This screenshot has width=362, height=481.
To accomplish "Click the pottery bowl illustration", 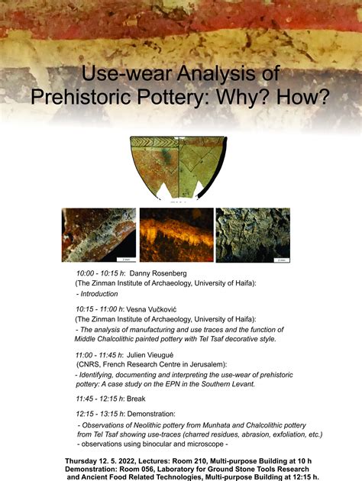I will [x=180, y=166].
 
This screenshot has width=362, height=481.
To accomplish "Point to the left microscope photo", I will [x=99, y=234].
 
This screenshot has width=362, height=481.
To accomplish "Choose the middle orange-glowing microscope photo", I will [x=176, y=234].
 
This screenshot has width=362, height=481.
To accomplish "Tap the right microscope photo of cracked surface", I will [x=252, y=234].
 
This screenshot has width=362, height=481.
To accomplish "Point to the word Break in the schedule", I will [x=136, y=399].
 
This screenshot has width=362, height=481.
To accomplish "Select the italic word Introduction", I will [x=99, y=293].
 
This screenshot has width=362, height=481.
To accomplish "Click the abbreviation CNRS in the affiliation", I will [x=91, y=365].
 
